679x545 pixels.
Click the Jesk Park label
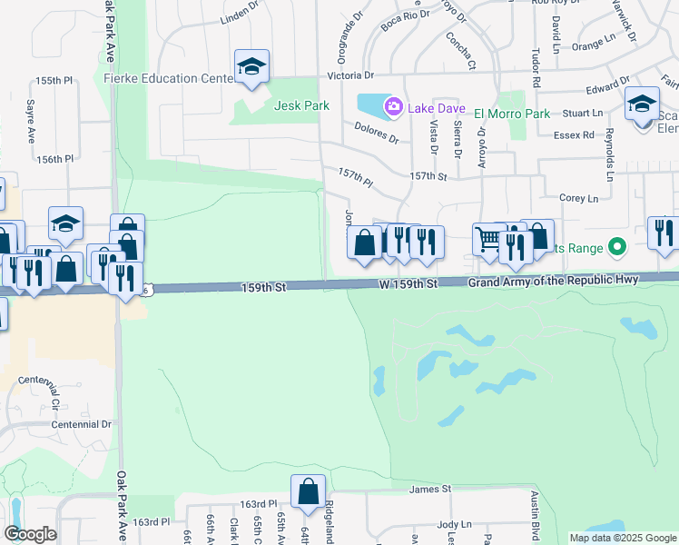pyautogui.click(x=302, y=105)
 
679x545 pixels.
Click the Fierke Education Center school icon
pyautogui.click(x=251, y=66)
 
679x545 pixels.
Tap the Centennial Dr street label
pyautogui.click(x=81, y=424)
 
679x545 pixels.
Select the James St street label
pyautogui.click(x=430, y=489)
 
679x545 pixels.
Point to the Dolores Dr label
pyautogui.click(x=377, y=133)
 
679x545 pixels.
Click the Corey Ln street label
pyautogui.click(x=578, y=198)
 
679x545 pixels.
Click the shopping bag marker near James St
pyautogui.click(x=309, y=490)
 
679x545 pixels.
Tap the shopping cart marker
pyautogui.click(x=488, y=239)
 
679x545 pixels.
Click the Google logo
pyautogui.click(x=30, y=533)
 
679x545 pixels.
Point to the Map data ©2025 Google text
pyautogui.click(x=623, y=538)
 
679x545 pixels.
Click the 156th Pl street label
pyautogui.click(x=54, y=159)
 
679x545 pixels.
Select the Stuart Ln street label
pyautogui.click(x=582, y=114)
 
